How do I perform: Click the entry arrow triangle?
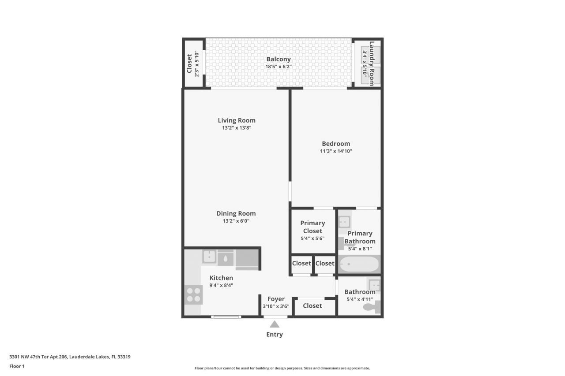point(275,324)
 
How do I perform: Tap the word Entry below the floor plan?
point(275,335)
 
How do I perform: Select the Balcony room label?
point(278,59)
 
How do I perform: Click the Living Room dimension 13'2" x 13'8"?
point(237,128)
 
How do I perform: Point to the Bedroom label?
point(336,143)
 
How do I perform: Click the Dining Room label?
point(236,213)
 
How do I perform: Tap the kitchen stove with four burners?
point(193,294)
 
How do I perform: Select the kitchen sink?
point(209,257)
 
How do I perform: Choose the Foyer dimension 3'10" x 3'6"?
point(276,306)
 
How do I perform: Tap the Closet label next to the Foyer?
point(313,305)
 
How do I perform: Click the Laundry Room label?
point(372,63)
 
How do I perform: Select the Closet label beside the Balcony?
point(189,63)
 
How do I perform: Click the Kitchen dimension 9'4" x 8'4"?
point(221,285)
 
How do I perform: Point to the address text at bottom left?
point(70,357)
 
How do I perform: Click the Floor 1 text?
point(17,366)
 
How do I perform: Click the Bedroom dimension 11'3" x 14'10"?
point(336,151)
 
